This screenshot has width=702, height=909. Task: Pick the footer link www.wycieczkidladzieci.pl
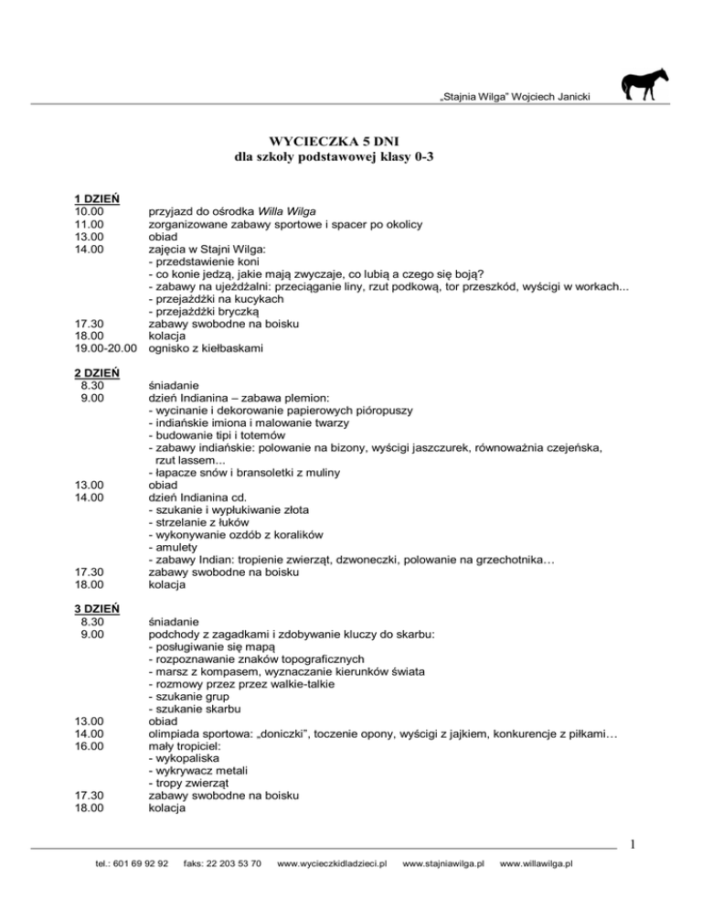click(332, 888)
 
